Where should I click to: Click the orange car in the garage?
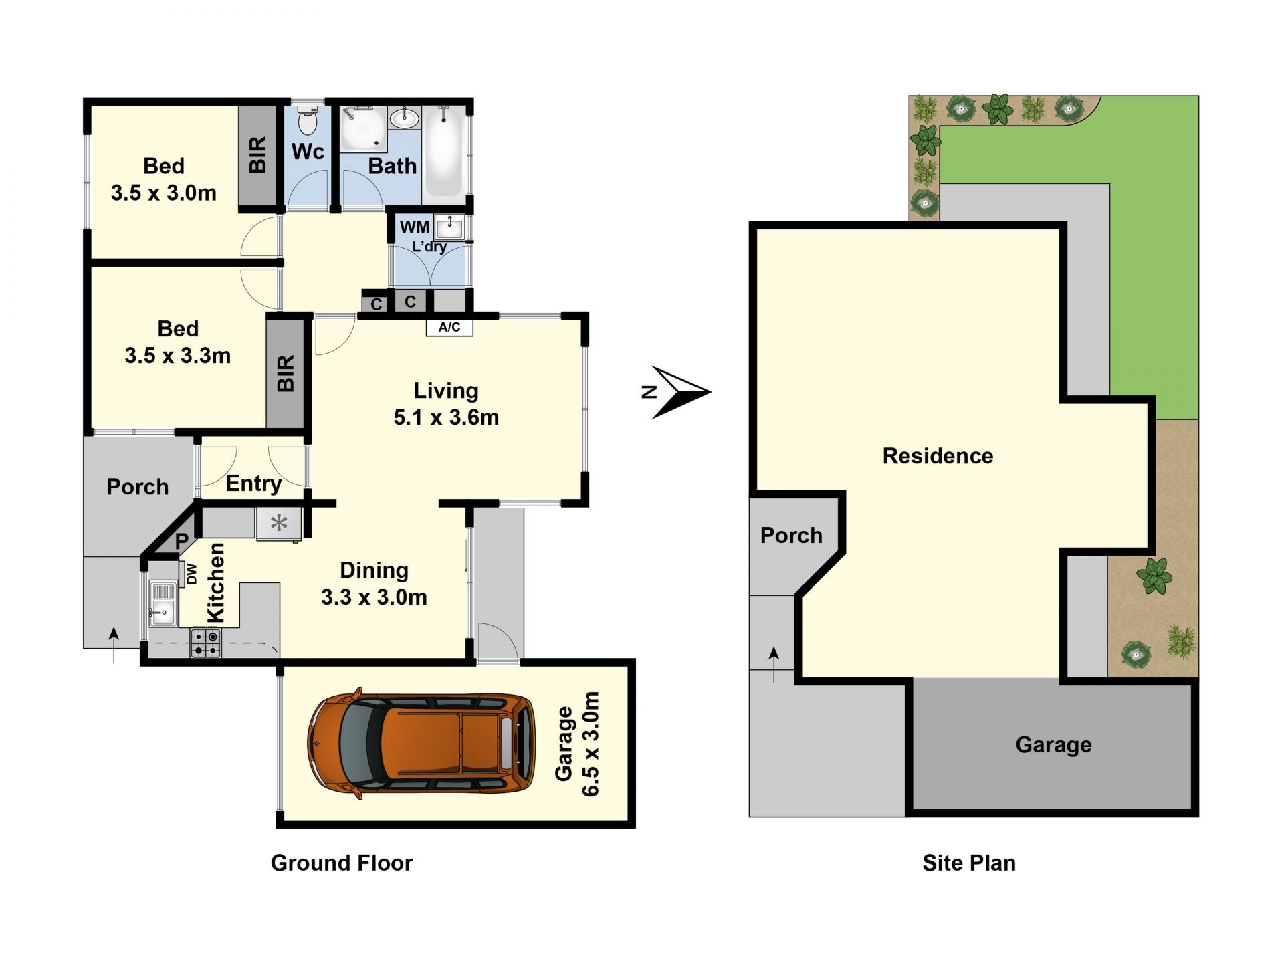(421, 742)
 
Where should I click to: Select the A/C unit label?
(449, 327)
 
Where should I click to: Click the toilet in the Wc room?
(307, 121)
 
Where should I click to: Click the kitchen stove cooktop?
(205, 643)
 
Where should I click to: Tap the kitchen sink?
(163, 603)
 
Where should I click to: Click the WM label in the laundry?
(415, 227)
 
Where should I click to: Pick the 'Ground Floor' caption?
(342, 863)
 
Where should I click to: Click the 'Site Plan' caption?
(969, 863)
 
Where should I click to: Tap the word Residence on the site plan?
(938, 456)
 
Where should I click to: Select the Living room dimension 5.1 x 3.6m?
(446, 417)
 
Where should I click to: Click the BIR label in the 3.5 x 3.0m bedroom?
(258, 155)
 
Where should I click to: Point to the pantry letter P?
(181, 542)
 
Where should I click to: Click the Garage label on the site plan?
(1053, 745)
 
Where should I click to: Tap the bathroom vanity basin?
(404, 119)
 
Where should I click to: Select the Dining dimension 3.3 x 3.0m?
(374, 597)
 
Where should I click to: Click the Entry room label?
(253, 484)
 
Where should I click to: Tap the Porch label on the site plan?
(791, 536)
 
